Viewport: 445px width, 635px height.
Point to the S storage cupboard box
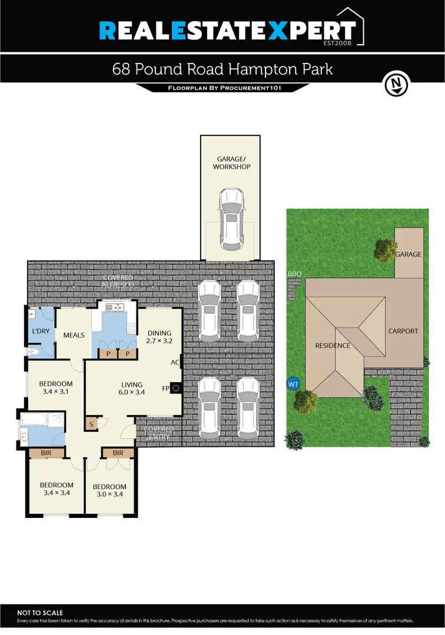click(91, 423)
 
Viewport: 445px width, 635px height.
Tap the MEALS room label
click(74, 336)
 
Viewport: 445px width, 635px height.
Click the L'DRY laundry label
click(41, 331)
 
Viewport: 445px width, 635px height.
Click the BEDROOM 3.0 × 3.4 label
click(109, 490)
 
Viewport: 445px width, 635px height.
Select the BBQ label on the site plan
click(294, 275)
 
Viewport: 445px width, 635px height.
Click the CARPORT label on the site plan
click(403, 331)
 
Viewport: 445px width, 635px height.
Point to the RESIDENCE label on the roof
click(333, 346)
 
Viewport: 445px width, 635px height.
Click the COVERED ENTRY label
click(158, 433)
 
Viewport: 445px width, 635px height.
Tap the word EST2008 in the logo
click(340, 42)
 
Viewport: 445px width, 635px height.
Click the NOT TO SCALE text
click(40, 613)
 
